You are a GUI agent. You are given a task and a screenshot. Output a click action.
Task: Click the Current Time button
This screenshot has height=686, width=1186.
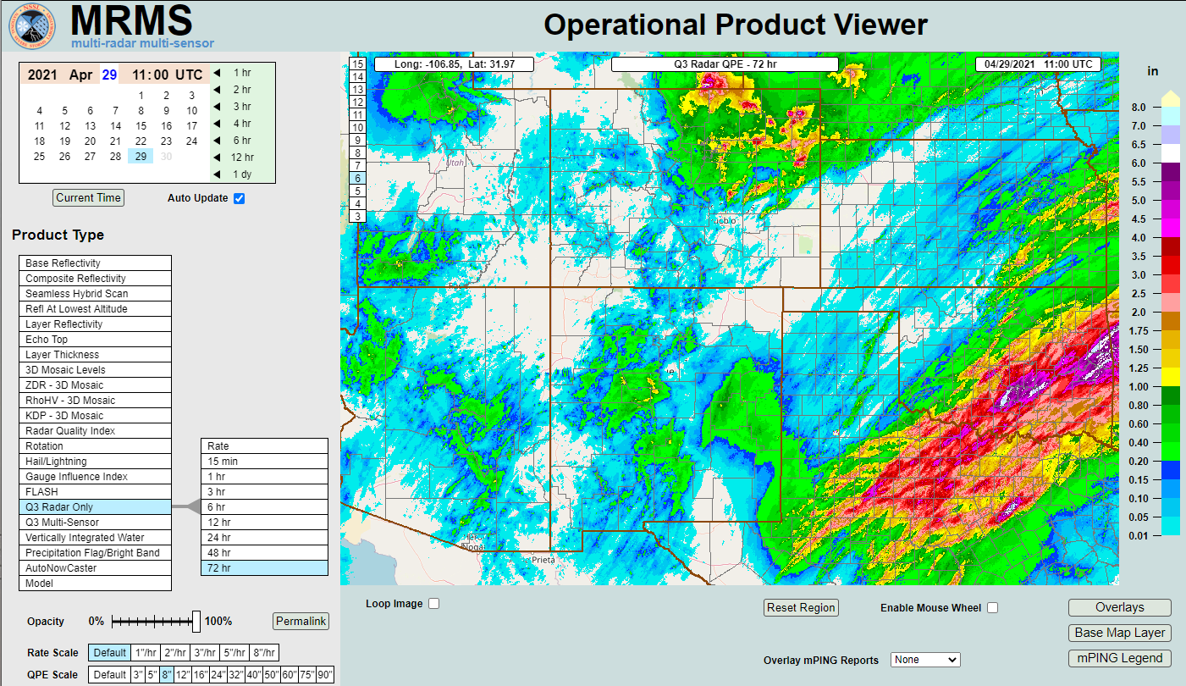click(89, 197)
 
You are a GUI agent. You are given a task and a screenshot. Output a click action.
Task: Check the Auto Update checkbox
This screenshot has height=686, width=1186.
click(239, 198)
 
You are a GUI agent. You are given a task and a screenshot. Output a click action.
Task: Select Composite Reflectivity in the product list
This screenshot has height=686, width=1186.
click(95, 279)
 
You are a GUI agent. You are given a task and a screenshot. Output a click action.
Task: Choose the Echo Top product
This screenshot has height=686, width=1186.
click(95, 340)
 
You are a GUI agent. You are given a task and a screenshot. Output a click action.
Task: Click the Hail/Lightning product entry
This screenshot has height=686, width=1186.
click(95, 462)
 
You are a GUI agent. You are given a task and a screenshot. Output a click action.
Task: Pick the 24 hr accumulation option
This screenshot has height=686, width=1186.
click(264, 538)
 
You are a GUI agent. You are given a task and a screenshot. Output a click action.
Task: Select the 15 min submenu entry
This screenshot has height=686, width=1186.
click(264, 462)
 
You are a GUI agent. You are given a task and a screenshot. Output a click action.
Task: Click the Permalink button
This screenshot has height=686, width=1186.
click(301, 621)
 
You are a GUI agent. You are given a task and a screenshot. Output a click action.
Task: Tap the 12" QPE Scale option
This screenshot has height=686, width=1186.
click(182, 675)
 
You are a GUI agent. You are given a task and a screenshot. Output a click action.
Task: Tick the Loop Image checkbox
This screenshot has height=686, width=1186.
click(434, 604)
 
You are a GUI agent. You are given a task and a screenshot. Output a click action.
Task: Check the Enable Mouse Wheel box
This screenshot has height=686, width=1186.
click(992, 608)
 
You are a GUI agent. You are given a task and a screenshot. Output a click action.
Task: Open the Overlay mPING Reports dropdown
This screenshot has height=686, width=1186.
click(925, 660)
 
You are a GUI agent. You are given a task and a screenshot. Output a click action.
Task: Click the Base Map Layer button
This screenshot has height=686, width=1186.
click(1119, 633)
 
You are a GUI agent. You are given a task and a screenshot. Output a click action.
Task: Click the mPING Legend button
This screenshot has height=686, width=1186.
click(1119, 658)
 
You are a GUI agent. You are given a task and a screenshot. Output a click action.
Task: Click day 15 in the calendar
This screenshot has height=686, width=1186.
click(141, 126)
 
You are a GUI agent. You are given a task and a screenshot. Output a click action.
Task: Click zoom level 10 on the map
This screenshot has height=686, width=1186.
click(358, 127)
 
